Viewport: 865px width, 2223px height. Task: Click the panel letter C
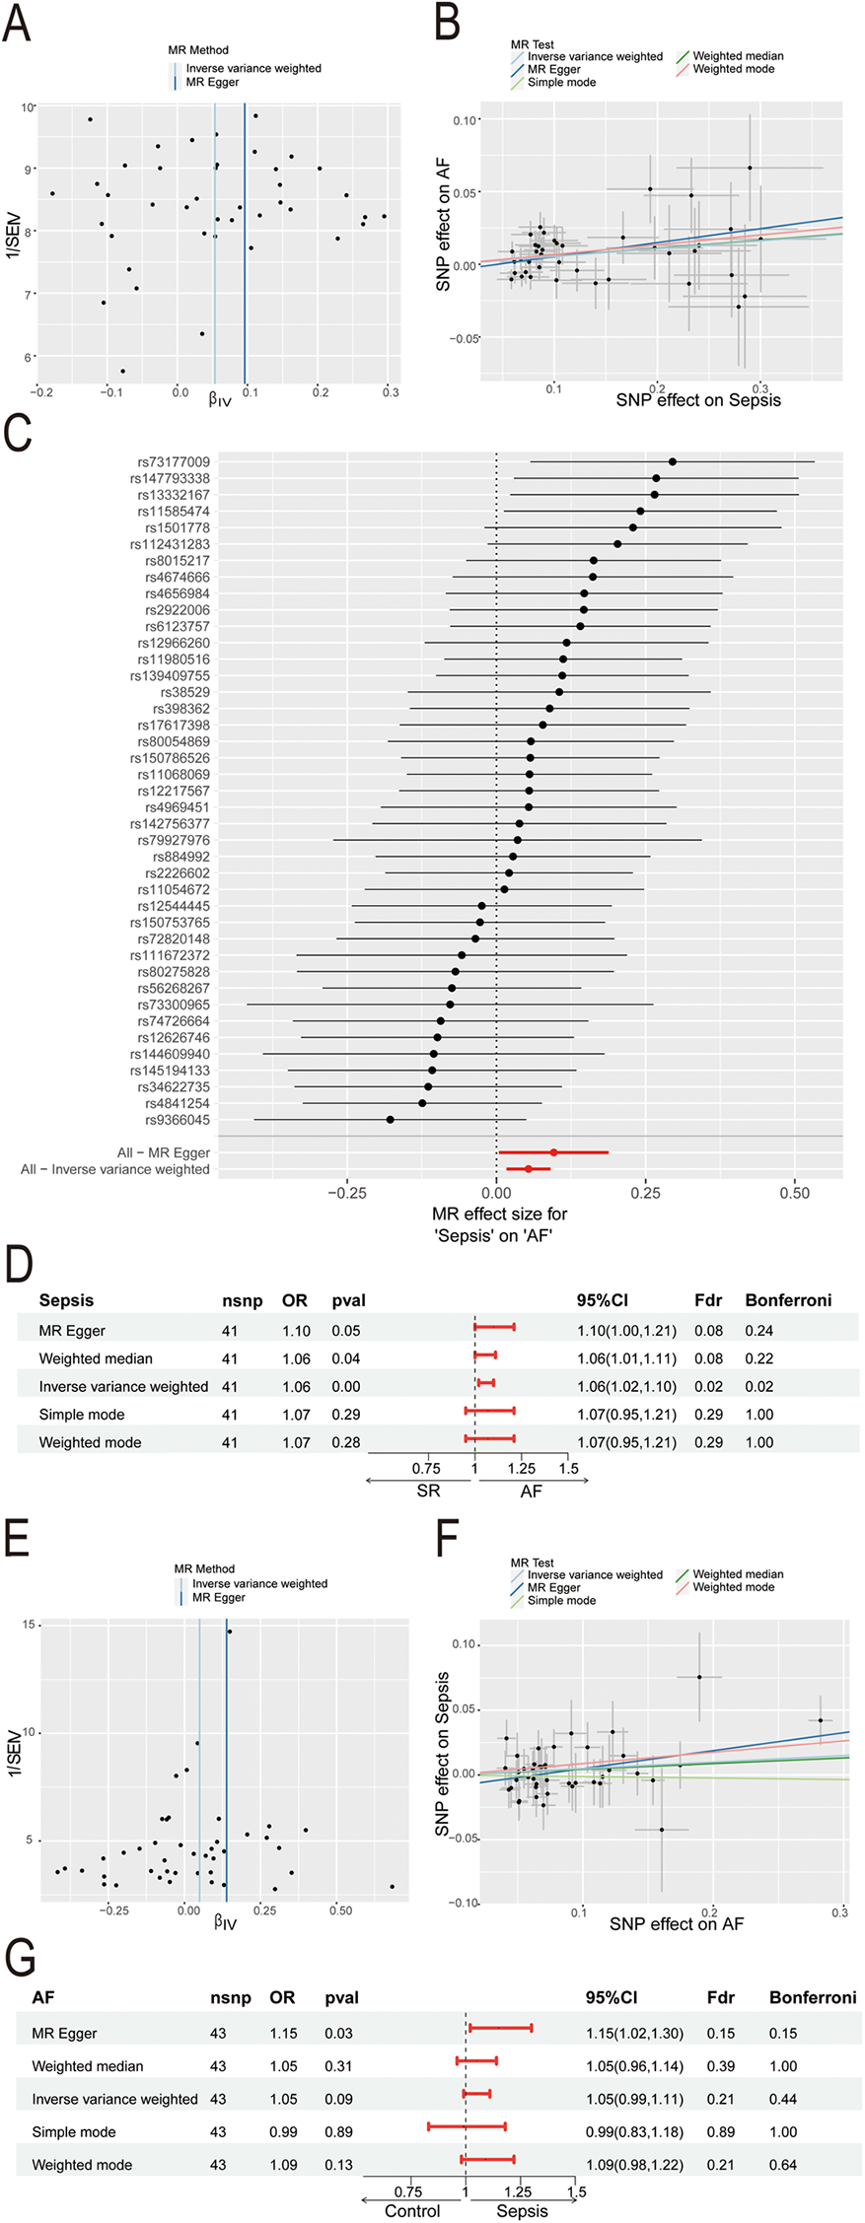[18, 432]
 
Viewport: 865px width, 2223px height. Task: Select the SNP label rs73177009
[174, 461]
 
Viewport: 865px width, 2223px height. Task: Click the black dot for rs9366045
[391, 1119]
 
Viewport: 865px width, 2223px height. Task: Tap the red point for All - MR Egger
[553, 1151]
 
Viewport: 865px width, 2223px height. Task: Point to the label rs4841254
[178, 1103]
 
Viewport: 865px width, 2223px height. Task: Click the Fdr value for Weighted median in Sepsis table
[708, 1358]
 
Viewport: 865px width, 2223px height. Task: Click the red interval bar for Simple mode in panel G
[467, 2126]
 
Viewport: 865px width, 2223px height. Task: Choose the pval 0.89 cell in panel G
[338, 2131]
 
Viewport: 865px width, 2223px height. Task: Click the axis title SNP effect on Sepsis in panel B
[698, 399]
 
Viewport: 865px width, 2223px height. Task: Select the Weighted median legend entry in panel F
[738, 1574]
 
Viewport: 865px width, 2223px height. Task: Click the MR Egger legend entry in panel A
[212, 82]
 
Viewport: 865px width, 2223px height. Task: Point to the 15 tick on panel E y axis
[30, 1624]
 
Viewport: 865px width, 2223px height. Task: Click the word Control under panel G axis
[412, 2211]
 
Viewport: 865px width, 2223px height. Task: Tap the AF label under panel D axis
[531, 1491]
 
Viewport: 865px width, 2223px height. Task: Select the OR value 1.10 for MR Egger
[296, 1331]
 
